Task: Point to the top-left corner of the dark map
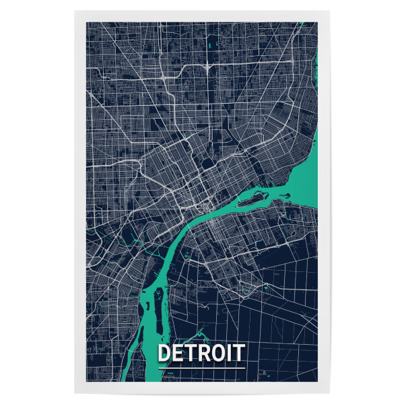coord(86,22)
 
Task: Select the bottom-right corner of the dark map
coord(317,381)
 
